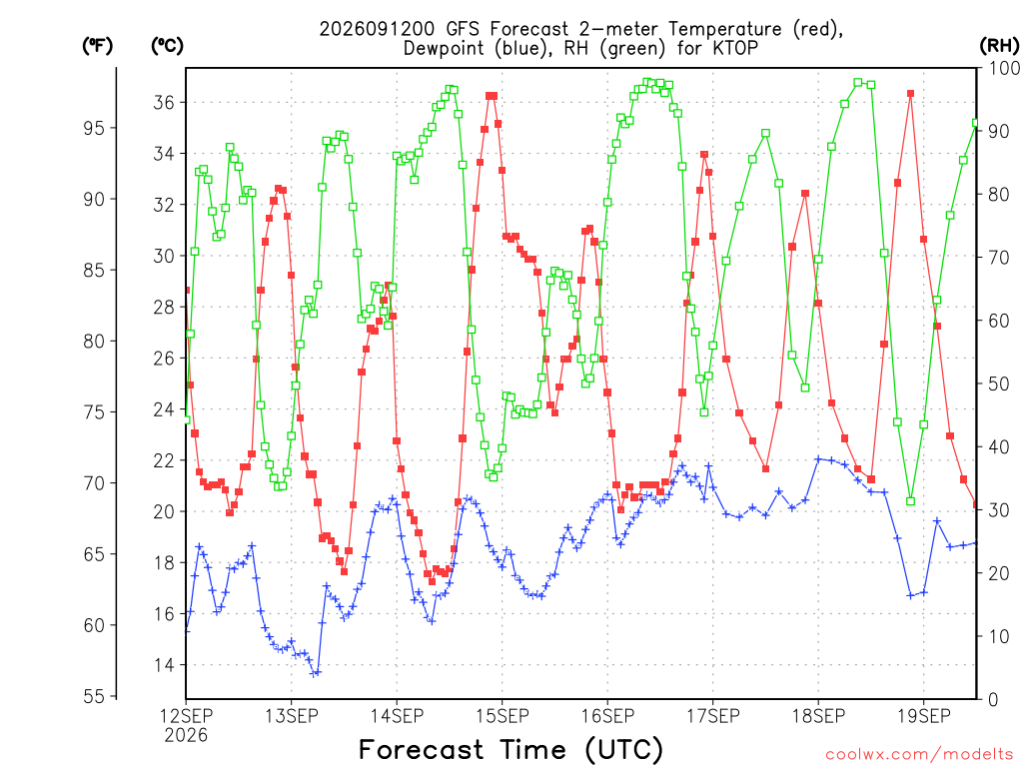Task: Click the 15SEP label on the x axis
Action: [x=502, y=716]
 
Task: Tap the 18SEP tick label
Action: [x=818, y=716]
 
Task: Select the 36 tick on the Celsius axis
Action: [x=164, y=103]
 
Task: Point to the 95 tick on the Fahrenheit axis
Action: [x=94, y=128]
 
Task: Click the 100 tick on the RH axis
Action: [x=1004, y=68]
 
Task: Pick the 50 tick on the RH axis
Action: [x=998, y=383]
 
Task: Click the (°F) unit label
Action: [x=97, y=46]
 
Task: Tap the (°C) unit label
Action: [x=167, y=46]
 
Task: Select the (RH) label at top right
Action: [x=999, y=46]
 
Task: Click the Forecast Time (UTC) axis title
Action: [x=511, y=749]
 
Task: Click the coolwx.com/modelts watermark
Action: [x=919, y=755]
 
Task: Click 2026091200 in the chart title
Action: [x=377, y=29]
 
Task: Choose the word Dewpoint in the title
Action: [x=445, y=49]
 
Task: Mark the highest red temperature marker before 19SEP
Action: [x=910, y=94]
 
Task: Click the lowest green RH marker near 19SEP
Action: [x=910, y=501]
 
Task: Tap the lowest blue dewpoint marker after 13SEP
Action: [x=316, y=673]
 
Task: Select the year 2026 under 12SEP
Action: [x=186, y=735]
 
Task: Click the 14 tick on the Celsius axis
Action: [x=164, y=665]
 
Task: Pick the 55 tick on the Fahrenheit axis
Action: [x=94, y=696]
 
